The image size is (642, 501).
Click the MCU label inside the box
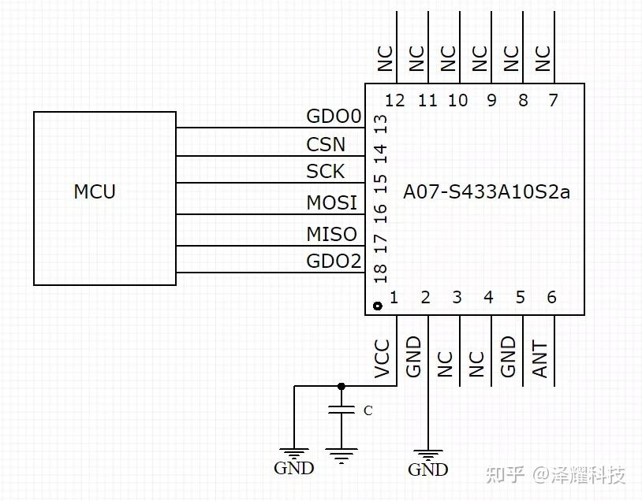[95, 191]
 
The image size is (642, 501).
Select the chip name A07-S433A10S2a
[486, 191]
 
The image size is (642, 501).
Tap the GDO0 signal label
[333, 117]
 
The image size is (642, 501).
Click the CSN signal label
[325, 145]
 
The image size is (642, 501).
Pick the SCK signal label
[325, 172]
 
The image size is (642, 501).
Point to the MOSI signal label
[331, 203]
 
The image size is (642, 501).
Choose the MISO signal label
[331, 234]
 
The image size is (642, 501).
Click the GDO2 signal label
[333, 261]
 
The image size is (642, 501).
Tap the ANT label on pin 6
[540, 359]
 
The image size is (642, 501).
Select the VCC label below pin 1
[383, 359]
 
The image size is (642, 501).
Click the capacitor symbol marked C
[341, 410]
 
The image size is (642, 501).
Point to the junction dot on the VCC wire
[341, 386]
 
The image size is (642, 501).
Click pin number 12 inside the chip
[395, 100]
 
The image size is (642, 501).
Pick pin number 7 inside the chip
[552, 100]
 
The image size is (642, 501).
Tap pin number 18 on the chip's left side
[380, 272]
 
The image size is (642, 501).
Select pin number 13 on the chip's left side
[380, 124]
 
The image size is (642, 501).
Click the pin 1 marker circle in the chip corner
[376, 306]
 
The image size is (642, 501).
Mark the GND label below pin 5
[509, 356]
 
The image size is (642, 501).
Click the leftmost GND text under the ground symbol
[293, 468]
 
